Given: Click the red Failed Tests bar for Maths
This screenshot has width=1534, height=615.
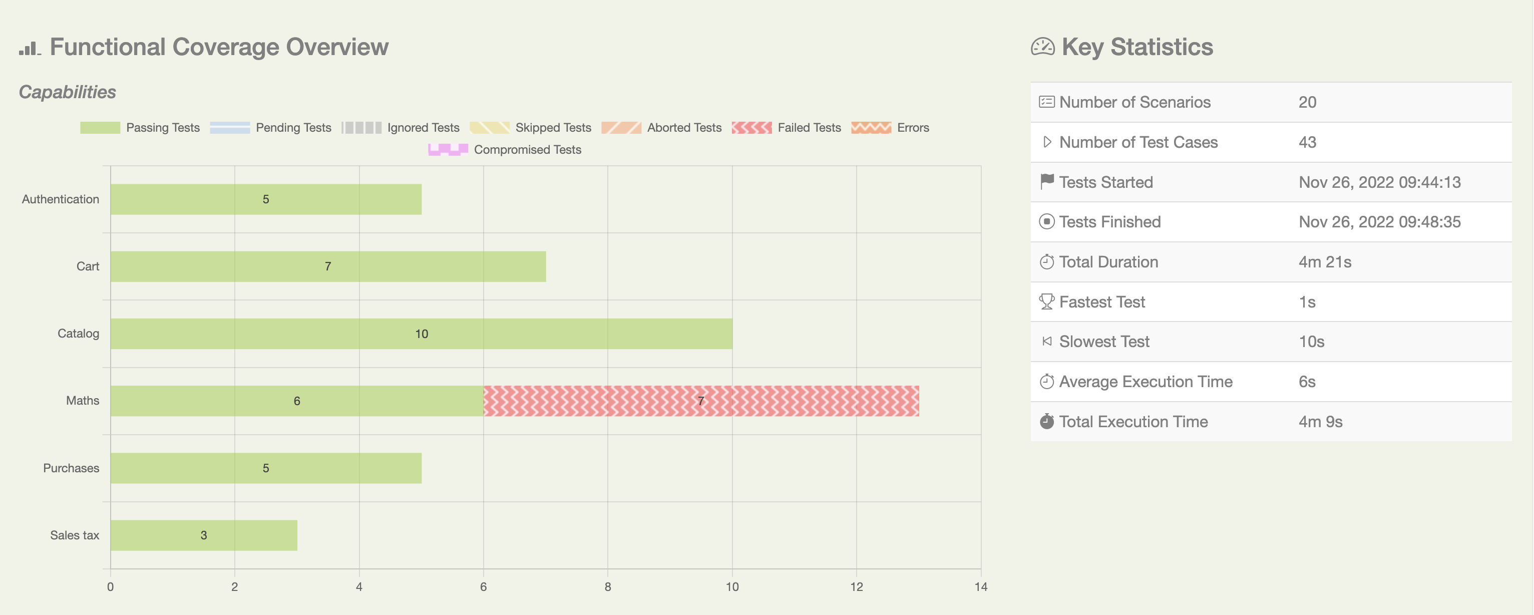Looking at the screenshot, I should pyautogui.click(x=701, y=401).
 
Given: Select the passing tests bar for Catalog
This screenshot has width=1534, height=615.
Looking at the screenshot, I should pyautogui.click(x=421, y=334).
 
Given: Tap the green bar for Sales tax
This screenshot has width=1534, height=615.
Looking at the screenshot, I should pyautogui.click(x=204, y=535).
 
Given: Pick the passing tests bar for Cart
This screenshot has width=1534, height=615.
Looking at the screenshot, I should pyautogui.click(x=327, y=266).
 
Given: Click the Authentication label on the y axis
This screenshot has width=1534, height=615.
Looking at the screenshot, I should pyautogui.click(x=60, y=199).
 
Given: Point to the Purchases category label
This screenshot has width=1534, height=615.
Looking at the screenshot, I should pyautogui.click(x=71, y=468).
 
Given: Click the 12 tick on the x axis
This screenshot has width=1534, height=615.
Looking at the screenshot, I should pyautogui.click(x=856, y=587).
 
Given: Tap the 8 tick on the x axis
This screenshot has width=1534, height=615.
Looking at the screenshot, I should pyautogui.click(x=607, y=587).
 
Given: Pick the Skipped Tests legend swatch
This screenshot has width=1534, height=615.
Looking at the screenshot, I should pyautogui.click(x=490, y=128).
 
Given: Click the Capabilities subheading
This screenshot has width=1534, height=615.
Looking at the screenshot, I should pyautogui.click(x=67, y=92).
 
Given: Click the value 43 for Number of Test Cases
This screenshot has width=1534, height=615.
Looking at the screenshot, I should pyautogui.click(x=1307, y=142).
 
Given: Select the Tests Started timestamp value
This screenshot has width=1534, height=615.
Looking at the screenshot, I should pyautogui.click(x=1379, y=182).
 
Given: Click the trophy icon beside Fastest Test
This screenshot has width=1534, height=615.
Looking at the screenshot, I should pyautogui.click(x=1046, y=301).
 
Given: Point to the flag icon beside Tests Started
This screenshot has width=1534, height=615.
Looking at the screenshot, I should pyautogui.click(x=1046, y=181).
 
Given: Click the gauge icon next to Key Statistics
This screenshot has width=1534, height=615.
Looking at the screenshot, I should pyautogui.click(x=1042, y=47).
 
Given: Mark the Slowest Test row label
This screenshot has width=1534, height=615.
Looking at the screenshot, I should pyautogui.click(x=1104, y=342).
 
